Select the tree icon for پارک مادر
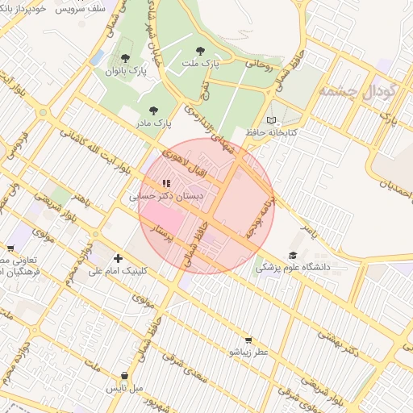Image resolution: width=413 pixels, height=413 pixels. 153,111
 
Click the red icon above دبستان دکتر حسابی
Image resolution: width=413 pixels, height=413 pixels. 167,184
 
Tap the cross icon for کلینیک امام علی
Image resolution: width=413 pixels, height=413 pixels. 119,259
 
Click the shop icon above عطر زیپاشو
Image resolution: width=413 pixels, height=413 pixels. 248,340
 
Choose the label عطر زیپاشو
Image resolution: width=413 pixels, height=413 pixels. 248,353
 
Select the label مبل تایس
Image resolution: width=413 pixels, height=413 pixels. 125,388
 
